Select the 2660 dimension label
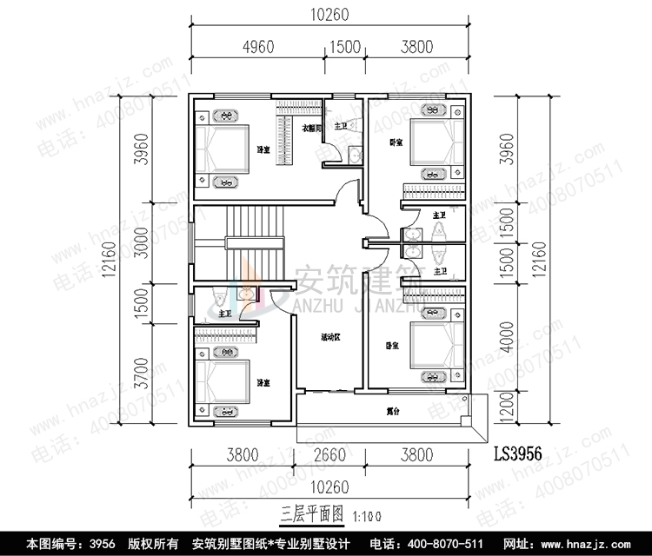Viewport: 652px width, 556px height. [x=327, y=452]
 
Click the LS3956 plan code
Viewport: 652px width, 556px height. [x=518, y=453]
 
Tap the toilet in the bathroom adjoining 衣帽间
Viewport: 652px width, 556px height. [x=353, y=155]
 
